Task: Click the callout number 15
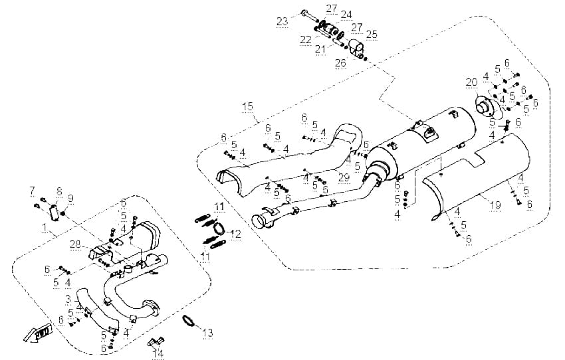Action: (x=247, y=106)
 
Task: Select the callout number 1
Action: (x=45, y=228)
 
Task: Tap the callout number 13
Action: (x=207, y=333)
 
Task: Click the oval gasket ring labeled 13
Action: (x=188, y=321)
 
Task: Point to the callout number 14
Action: (x=158, y=354)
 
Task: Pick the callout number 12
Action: (x=236, y=234)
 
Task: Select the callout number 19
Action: (x=496, y=205)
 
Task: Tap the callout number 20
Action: (x=471, y=82)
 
